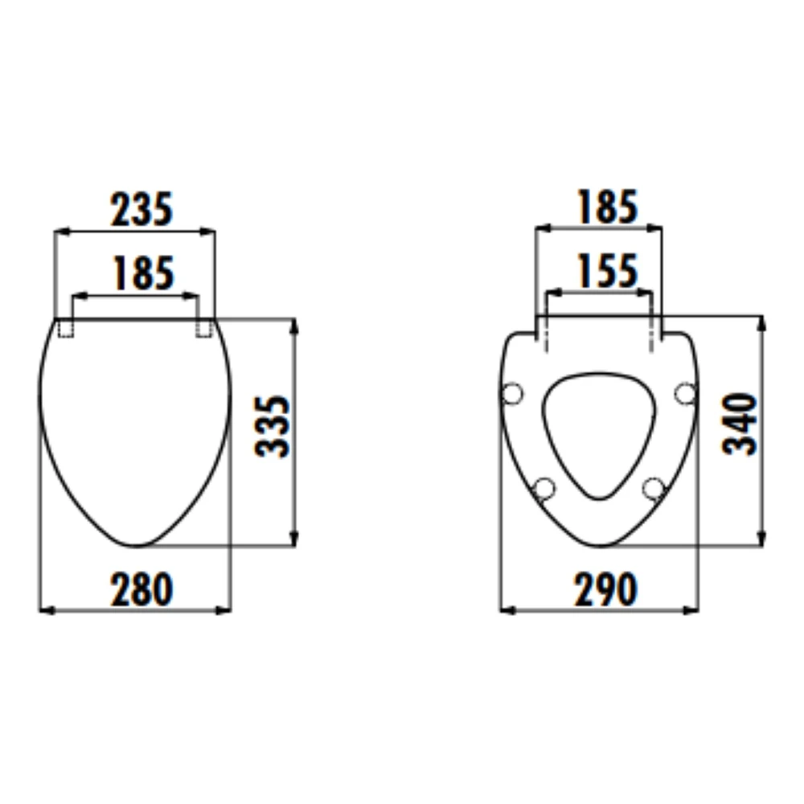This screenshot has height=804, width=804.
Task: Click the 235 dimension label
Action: pyautogui.click(x=142, y=209)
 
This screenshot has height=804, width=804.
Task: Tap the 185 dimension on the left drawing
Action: pyautogui.click(x=144, y=273)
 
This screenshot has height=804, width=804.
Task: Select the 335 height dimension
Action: pyautogui.click(x=273, y=425)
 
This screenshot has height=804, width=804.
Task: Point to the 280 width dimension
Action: pyautogui.click(x=142, y=589)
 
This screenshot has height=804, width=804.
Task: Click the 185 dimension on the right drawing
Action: pyautogui.click(x=608, y=207)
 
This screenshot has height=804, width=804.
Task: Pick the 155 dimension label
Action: pyautogui.click(x=608, y=270)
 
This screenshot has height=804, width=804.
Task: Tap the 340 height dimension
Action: pyautogui.click(x=739, y=424)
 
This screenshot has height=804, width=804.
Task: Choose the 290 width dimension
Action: pyautogui.click(x=606, y=589)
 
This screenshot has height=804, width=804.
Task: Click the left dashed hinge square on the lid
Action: pyautogui.click(x=65, y=328)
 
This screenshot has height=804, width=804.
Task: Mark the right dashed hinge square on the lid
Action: pyautogui.click(x=204, y=328)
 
